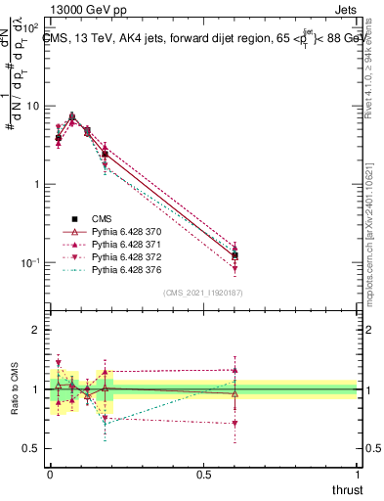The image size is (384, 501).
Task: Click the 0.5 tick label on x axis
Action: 203,475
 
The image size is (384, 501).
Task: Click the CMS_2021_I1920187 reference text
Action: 203,293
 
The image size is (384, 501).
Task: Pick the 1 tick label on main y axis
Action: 34,184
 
